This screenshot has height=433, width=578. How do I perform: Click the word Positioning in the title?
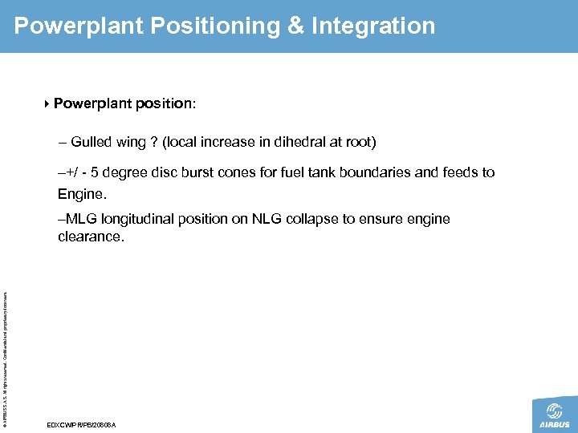(212, 26)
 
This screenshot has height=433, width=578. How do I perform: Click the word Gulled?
(90, 143)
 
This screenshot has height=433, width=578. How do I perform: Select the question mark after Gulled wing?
(153, 143)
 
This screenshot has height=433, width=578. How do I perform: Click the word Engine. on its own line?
(82, 194)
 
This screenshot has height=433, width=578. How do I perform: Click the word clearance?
(91, 237)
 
